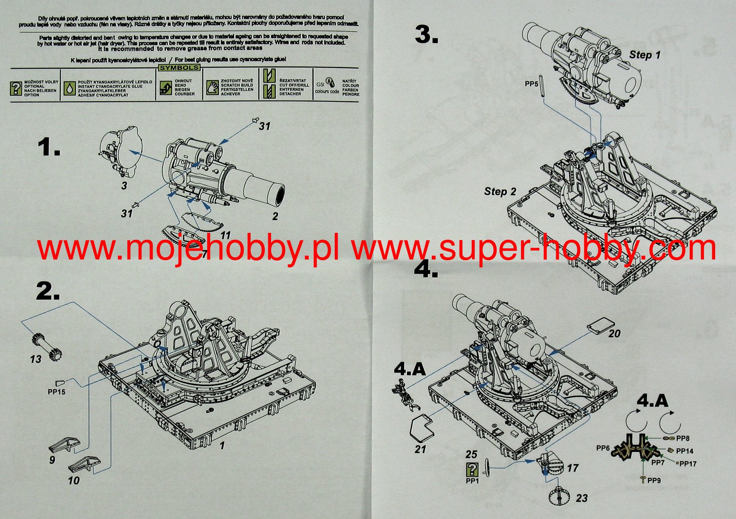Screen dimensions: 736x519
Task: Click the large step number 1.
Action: (49, 148)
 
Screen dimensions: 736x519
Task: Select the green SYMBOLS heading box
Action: (179, 68)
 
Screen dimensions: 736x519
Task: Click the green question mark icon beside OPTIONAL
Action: (16, 88)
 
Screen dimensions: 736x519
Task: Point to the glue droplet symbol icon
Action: (69, 88)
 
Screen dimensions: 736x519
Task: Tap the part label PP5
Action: (531, 84)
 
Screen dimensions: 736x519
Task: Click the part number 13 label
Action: (36, 359)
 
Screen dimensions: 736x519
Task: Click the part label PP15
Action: (57, 392)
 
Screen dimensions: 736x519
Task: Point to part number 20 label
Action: (614, 334)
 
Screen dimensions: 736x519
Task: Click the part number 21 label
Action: (420, 449)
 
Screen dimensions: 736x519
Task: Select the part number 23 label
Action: (581, 498)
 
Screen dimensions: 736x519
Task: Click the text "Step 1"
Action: (645, 55)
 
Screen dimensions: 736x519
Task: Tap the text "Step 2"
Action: (500, 191)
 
